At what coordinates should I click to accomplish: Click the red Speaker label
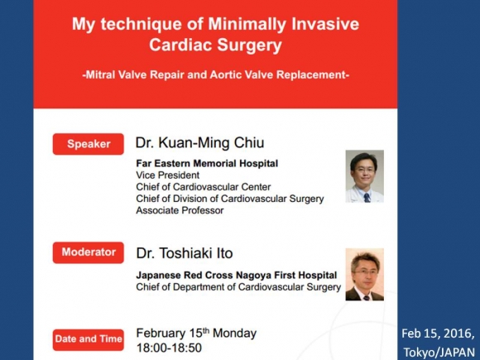(x=89, y=144)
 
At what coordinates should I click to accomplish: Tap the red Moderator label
(x=89, y=252)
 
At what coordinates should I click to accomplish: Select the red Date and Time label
(x=89, y=339)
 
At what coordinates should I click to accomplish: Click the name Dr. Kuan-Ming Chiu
(x=200, y=143)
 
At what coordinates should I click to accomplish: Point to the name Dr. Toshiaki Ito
(x=185, y=253)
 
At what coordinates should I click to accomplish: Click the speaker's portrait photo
(x=365, y=176)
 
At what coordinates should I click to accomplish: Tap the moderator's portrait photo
(x=365, y=274)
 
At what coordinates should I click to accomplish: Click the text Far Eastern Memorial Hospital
(x=207, y=164)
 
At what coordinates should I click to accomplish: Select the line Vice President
(x=168, y=175)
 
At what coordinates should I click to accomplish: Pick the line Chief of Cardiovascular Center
(x=204, y=187)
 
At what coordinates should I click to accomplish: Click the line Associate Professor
(x=180, y=210)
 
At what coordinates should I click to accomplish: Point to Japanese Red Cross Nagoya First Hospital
(x=237, y=276)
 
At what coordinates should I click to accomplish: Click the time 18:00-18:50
(x=169, y=348)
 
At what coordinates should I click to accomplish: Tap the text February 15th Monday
(x=196, y=333)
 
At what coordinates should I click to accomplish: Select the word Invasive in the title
(x=325, y=24)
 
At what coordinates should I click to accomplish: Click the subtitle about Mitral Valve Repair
(x=216, y=74)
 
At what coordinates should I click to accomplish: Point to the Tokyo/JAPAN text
(x=439, y=352)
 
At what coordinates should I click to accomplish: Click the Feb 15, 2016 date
(x=438, y=334)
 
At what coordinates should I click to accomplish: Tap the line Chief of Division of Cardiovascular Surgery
(x=230, y=199)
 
